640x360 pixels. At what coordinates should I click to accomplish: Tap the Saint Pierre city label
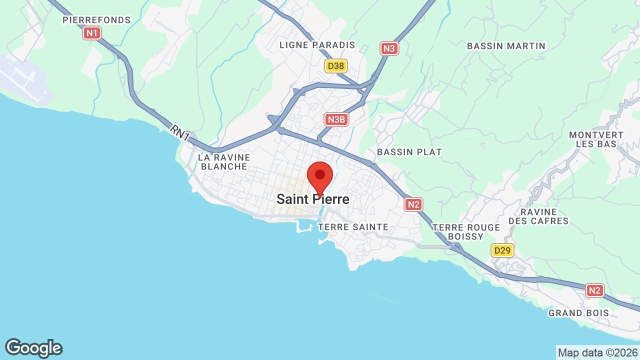point(313,199)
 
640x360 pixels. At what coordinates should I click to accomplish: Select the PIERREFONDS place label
point(96,20)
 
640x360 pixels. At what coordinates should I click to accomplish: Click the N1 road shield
point(92,33)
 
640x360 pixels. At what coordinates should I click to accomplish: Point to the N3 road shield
point(389,48)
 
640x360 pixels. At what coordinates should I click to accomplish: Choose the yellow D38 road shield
point(335,65)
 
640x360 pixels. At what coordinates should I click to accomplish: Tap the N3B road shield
point(336,119)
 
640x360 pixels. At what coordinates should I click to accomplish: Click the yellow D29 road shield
point(502,250)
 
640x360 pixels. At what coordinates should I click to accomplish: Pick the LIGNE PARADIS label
point(317,45)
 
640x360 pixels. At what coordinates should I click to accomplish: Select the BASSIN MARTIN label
point(506,46)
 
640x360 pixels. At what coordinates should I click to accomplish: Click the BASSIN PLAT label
point(409,151)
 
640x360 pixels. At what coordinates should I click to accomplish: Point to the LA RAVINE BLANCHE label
point(224,161)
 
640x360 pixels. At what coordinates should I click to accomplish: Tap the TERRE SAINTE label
point(353,227)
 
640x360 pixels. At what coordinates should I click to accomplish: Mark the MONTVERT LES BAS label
point(596,139)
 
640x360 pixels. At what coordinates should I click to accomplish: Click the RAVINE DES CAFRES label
point(538,216)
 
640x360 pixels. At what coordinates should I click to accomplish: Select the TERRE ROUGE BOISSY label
point(466,231)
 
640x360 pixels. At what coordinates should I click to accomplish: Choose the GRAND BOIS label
point(578,313)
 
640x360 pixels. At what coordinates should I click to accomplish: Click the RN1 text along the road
point(179,133)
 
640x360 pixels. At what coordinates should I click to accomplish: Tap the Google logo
point(34,348)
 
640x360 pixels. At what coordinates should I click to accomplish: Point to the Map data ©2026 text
point(597,352)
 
